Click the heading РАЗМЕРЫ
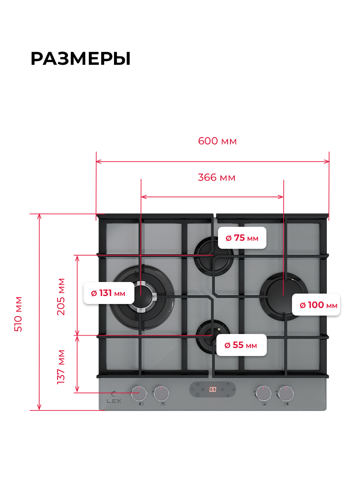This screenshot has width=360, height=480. click(x=80, y=59)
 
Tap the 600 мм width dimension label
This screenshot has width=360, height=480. click(x=217, y=141)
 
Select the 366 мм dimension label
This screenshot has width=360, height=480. click(x=216, y=177)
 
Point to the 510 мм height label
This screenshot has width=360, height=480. click(x=18, y=314)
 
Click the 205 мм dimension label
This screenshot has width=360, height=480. click(x=61, y=296)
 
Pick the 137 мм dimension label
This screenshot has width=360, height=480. click(x=61, y=367)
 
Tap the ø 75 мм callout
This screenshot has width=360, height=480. click(x=242, y=238)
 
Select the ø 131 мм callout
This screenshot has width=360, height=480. click(x=108, y=293)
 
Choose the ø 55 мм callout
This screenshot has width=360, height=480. click(x=241, y=345)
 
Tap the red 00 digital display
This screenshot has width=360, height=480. click(x=213, y=389)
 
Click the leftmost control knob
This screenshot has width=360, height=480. click(x=139, y=393)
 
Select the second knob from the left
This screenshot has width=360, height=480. click(x=161, y=393)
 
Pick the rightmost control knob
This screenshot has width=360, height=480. click(x=286, y=393)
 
